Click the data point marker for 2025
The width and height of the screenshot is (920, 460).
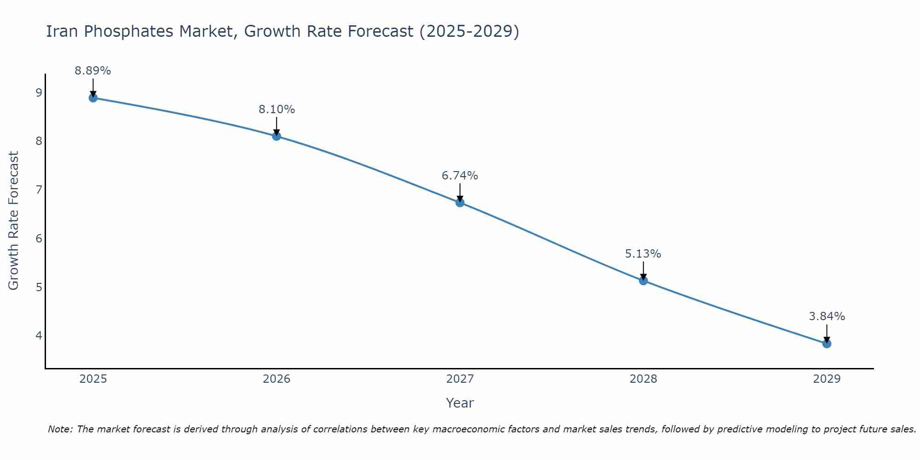coord(93,98)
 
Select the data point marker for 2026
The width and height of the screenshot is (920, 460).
coord(276,136)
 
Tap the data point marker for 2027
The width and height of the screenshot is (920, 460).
coord(460,202)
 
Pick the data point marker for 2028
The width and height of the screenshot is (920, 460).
coord(643,281)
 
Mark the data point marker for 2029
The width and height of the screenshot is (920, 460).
coord(827,344)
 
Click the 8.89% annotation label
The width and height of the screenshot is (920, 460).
coord(93,71)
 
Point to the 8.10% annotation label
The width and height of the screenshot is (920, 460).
coord(276,109)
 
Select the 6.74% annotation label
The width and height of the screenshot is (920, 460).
coord(460,176)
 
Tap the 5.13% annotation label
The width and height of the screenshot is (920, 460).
coord(643,254)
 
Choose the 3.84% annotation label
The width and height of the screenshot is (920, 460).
coord(827,316)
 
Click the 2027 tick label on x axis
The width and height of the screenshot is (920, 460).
coord(460,379)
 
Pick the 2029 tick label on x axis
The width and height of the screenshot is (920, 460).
coord(827,379)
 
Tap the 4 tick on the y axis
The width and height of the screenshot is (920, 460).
coord(39,336)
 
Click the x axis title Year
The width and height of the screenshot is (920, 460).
coord(460,403)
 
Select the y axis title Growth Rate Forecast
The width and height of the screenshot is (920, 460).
coord(14,221)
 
